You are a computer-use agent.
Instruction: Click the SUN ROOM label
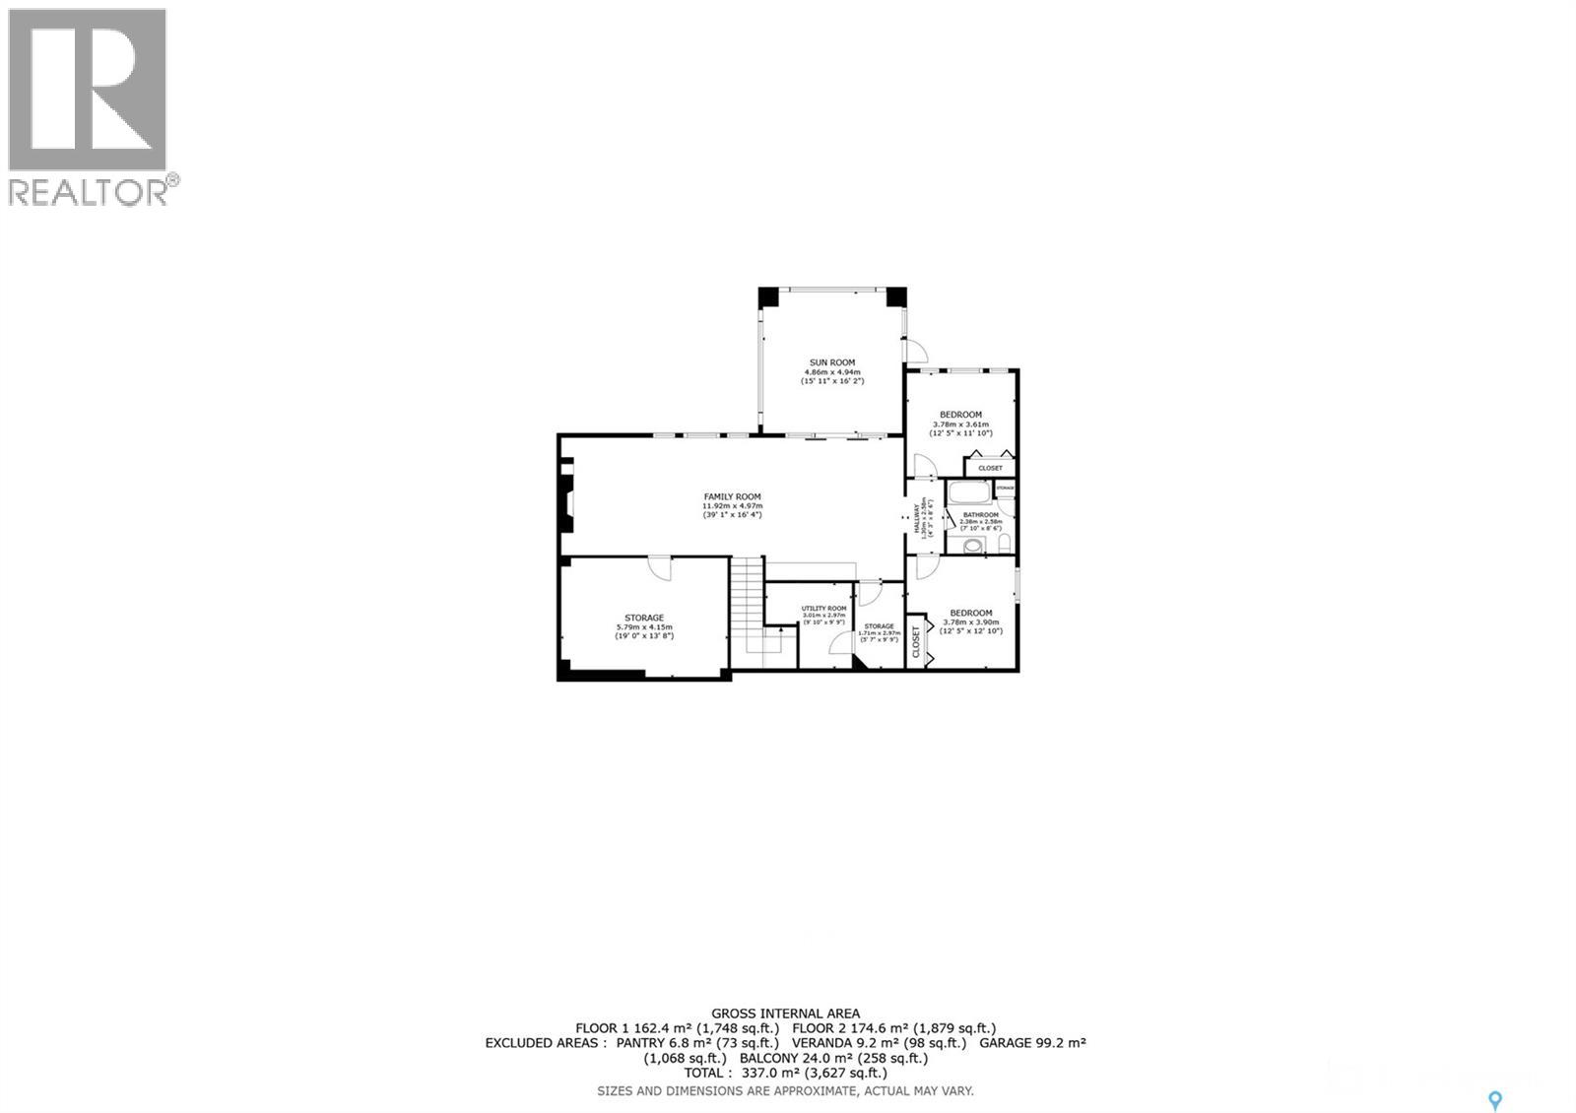[x=832, y=362]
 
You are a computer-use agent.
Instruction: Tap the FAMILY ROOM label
[x=732, y=496]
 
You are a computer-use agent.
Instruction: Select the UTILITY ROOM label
[x=823, y=609]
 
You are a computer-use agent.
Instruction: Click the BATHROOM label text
[x=980, y=515]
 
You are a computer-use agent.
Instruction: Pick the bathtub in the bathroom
[x=969, y=491]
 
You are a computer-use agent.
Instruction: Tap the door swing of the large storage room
[x=660, y=568]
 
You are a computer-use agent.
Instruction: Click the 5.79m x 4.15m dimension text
[x=644, y=627]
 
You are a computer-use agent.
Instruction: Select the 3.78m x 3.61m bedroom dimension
[x=960, y=425]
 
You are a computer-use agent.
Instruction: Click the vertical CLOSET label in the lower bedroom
[x=916, y=642]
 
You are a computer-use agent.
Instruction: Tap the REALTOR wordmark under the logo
[x=89, y=190]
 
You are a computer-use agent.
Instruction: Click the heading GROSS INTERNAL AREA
[x=785, y=1013]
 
